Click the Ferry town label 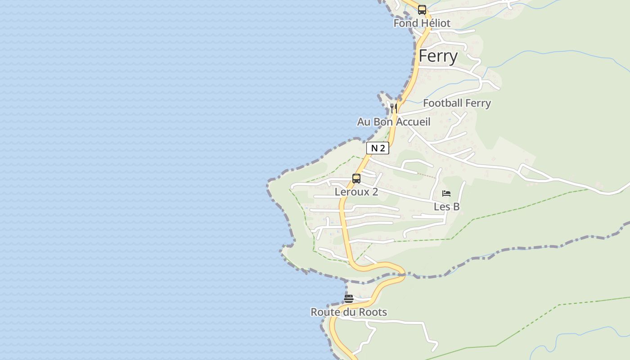click(x=438, y=56)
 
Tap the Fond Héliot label click(x=422, y=23)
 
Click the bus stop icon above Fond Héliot click(x=422, y=10)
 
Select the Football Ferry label click(x=457, y=103)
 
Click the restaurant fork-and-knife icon click(x=393, y=108)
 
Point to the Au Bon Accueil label click(x=394, y=121)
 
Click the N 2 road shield click(x=377, y=148)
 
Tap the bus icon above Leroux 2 click(x=356, y=179)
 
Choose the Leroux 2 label click(x=356, y=192)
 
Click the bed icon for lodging click(x=446, y=193)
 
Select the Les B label click(x=446, y=207)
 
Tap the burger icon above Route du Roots click(x=349, y=299)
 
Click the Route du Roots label click(x=349, y=312)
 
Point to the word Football click(x=442, y=103)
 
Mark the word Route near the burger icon click(x=325, y=312)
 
